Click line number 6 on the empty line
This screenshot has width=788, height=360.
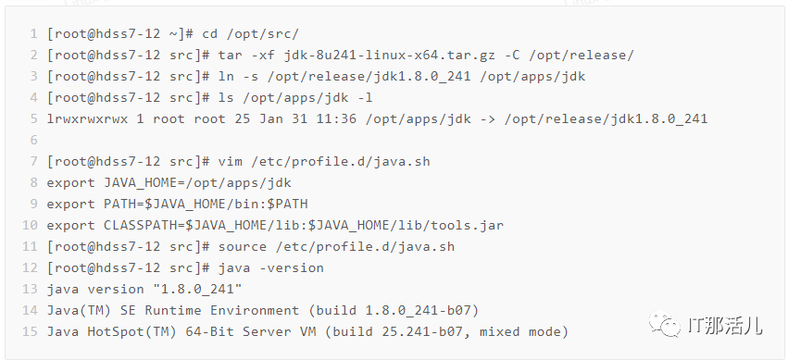point(33,140)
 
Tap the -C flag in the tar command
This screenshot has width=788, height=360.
point(511,56)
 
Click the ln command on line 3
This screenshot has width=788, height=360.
point(226,77)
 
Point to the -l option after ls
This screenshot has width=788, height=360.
point(364,98)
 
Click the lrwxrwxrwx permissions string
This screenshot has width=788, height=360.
point(87,119)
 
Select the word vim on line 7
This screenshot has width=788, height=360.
point(231,162)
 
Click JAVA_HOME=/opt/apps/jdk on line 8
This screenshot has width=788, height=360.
point(197,183)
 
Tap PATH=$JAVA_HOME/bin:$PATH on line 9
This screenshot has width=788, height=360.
point(206,205)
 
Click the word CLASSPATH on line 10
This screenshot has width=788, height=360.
point(140,226)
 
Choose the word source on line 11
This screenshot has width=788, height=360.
point(243,246)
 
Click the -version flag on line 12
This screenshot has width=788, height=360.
point(292,268)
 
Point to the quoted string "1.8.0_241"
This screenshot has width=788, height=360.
point(197,290)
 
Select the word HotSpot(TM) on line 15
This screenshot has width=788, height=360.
point(132,332)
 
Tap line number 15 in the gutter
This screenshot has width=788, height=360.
point(31,332)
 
